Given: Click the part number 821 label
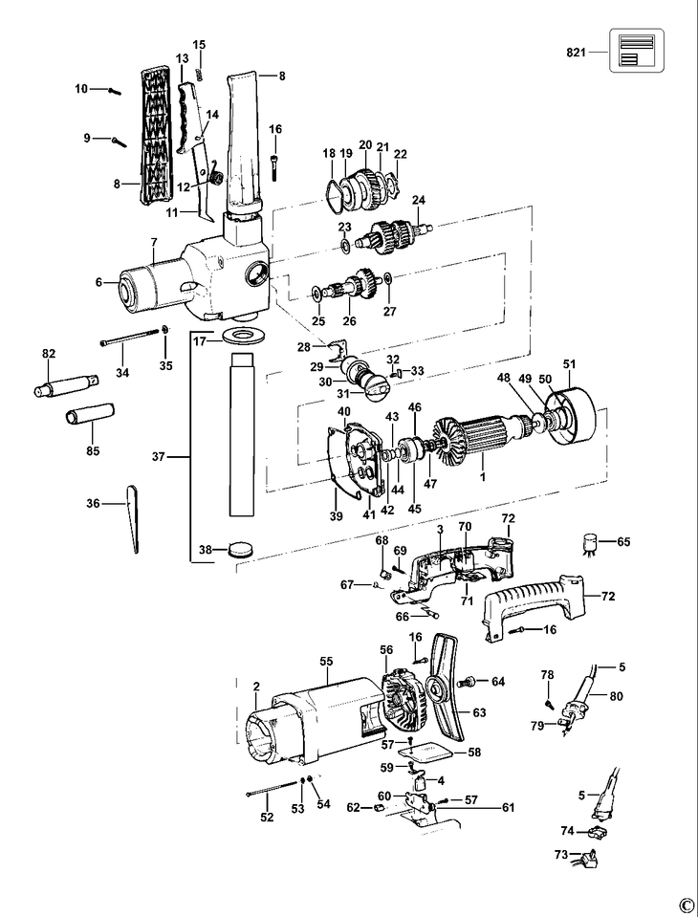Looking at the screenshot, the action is coord(576,52).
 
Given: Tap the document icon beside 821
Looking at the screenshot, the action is coord(637,51).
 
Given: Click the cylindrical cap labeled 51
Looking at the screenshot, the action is coord(569,415).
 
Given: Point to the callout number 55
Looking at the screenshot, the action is coord(326,661).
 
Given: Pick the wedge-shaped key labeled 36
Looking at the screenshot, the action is coord(133,518).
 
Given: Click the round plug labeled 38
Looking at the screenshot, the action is coord(241,550).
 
